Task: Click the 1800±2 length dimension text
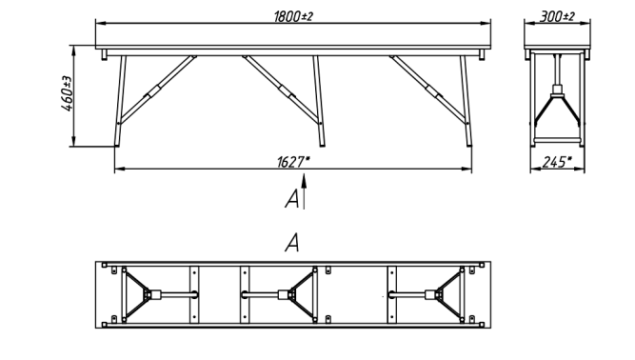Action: pos(293,16)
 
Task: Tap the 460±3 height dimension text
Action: pos(67,93)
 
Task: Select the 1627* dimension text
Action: pos(293,162)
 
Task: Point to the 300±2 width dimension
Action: pos(557,16)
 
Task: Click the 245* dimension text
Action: pos(557,162)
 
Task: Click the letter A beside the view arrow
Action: pos(292,199)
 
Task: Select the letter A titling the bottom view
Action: pos(292,243)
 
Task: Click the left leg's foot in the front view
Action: pos(117,144)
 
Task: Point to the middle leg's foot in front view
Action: pos(323,144)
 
